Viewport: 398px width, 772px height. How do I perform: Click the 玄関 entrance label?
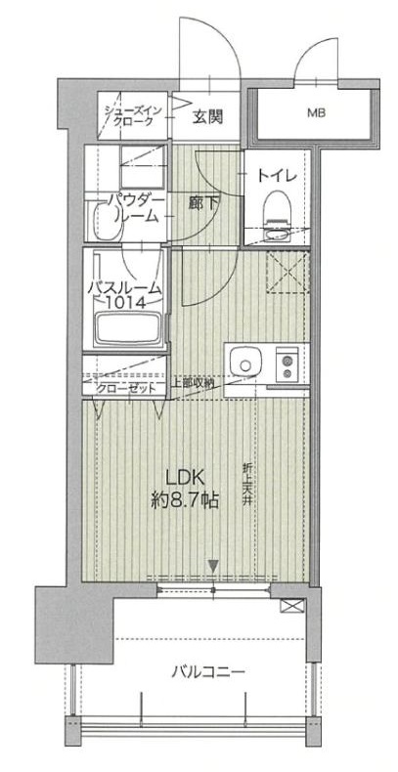[206, 117]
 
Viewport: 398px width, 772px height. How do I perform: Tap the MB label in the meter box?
[315, 113]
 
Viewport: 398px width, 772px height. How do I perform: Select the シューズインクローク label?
[130, 115]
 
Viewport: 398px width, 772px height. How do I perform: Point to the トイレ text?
[277, 176]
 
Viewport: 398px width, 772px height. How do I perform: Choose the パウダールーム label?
[131, 207]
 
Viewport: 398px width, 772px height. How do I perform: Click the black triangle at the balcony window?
[213, 564]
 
